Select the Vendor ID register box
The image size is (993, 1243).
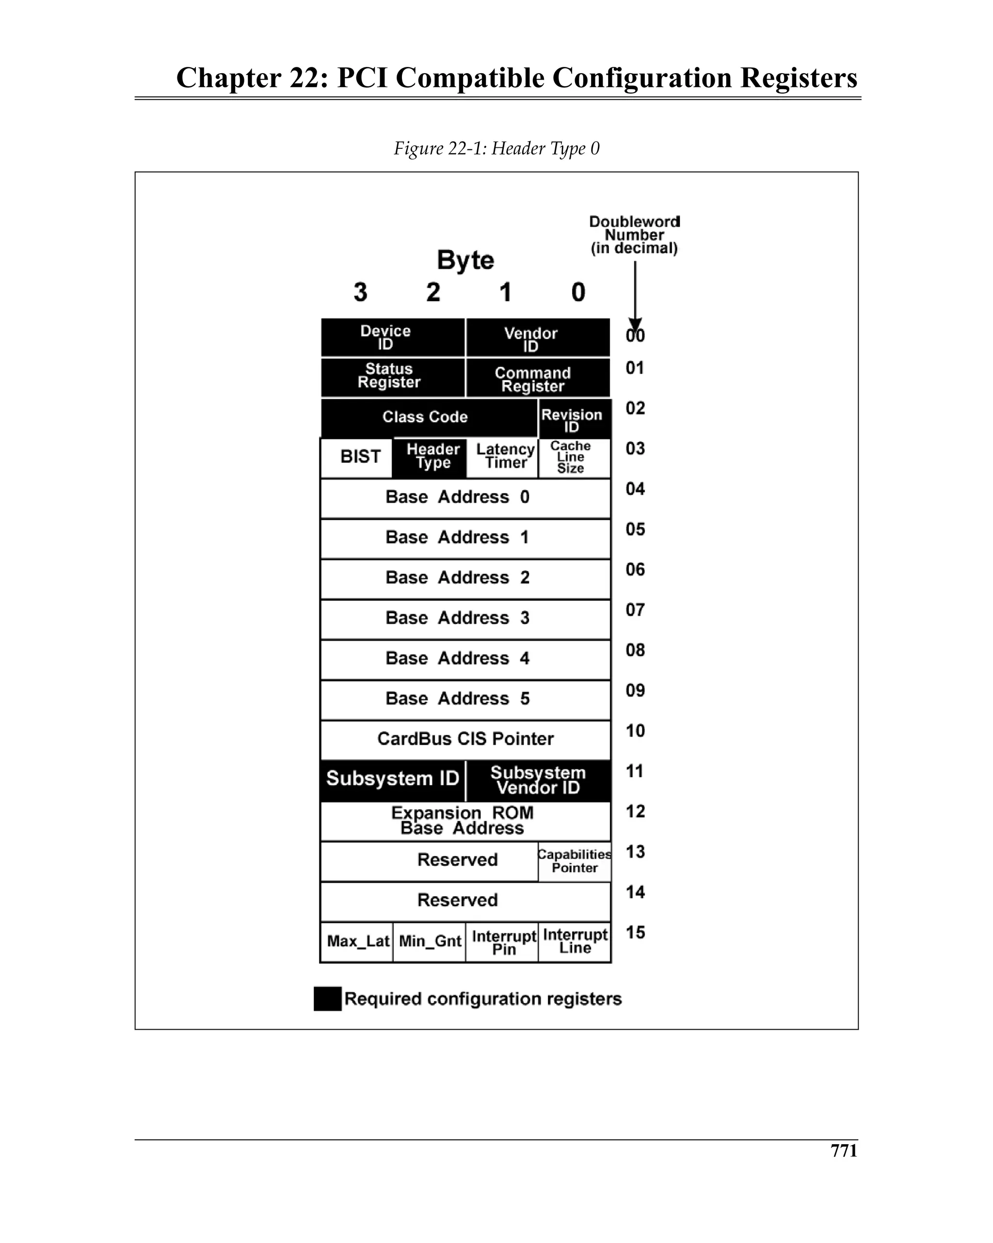537,338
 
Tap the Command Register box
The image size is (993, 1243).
537,379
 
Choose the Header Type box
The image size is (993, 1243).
430,457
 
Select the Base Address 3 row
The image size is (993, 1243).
465,619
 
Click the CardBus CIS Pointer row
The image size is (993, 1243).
465,739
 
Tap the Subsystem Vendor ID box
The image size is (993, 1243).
537,780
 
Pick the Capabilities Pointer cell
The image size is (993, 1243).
575,861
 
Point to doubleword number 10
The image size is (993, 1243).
635,731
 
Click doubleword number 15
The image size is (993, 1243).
635,932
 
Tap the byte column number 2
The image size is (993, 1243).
433,292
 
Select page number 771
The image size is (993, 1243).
843,1151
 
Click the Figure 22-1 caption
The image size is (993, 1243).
496,149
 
